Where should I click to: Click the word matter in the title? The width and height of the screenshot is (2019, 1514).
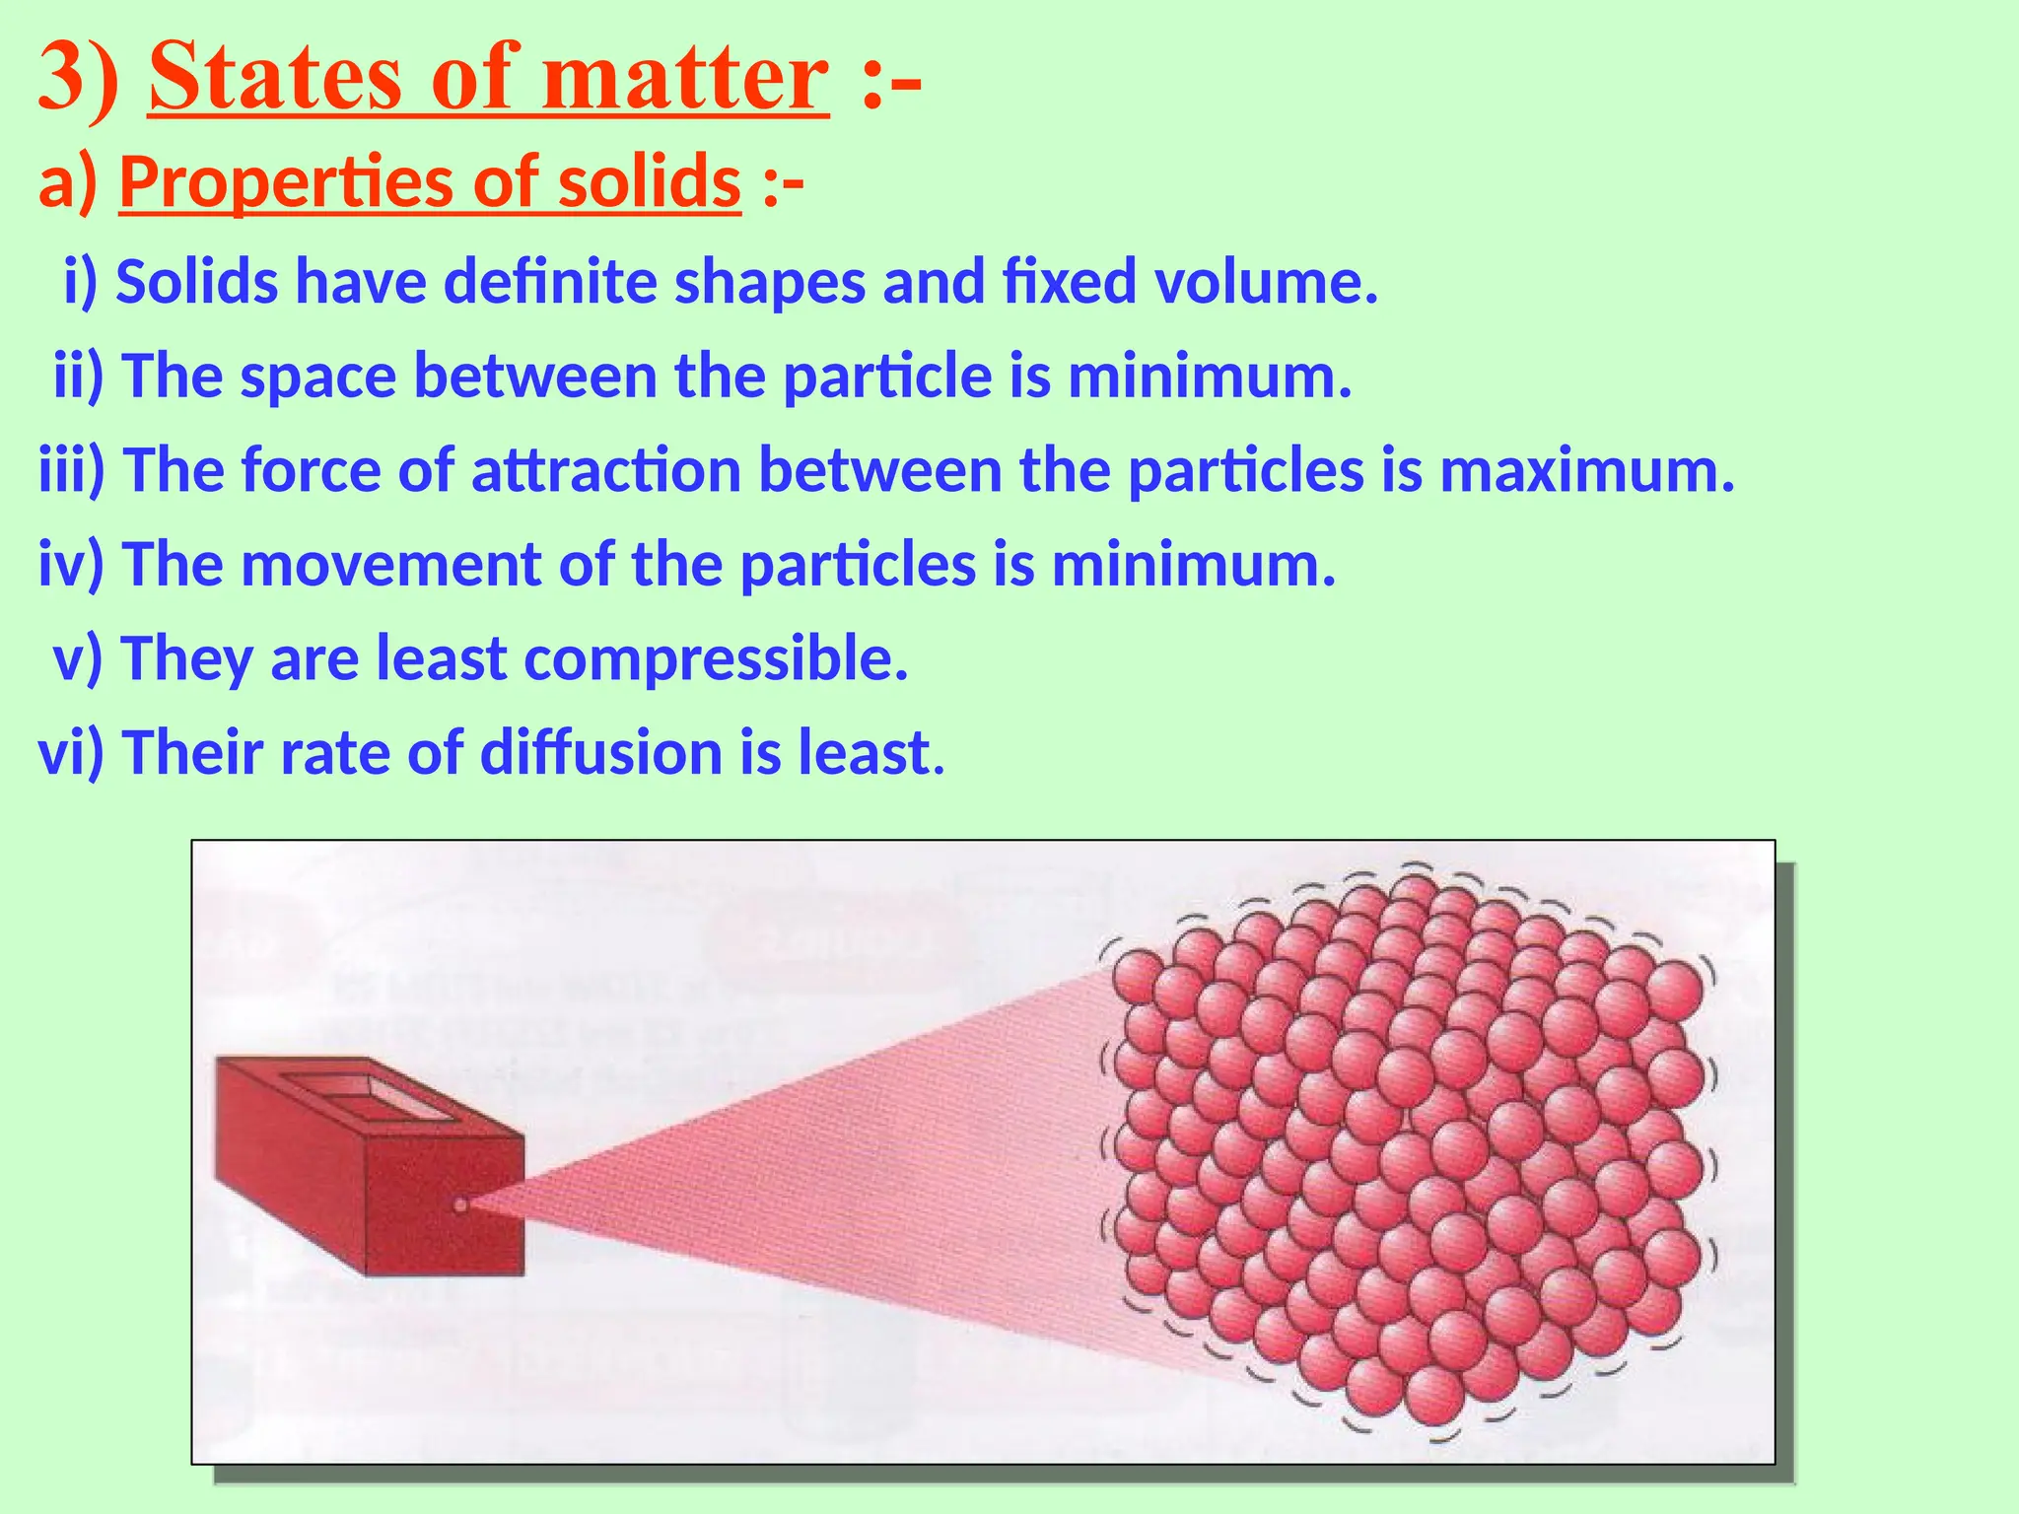tap(683, 79)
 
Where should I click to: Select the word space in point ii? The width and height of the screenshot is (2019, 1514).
tap(317, 377)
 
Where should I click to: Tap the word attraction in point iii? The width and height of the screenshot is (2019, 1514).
tap(605, 470)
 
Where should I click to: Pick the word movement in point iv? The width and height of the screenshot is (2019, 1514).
tap(390, 565)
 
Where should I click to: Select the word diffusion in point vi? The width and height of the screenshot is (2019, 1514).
tap(601, 752)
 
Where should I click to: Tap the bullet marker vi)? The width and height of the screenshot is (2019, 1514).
tap(71, 752)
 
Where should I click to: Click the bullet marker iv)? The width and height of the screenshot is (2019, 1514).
tap(71, 565)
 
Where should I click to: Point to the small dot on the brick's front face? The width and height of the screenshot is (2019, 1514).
tap(459, 1204)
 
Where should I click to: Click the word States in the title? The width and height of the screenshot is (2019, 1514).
tap(274, 79)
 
